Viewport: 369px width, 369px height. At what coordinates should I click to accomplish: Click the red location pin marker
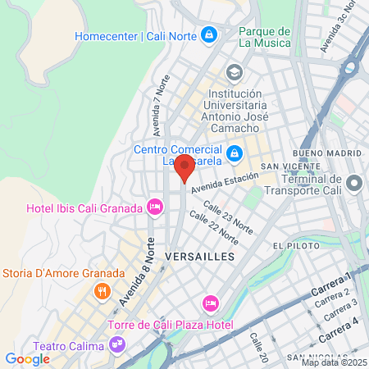coord(185,166)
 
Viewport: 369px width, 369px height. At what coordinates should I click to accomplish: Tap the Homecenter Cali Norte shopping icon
coord(211,35)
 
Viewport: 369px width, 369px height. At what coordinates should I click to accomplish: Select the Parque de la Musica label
coord(264,37)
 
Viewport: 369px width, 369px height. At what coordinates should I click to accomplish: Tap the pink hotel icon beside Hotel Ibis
coord(153,207)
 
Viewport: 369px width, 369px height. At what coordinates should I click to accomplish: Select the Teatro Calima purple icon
coord(119,344)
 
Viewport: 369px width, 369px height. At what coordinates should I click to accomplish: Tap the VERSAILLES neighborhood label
coord(199,257)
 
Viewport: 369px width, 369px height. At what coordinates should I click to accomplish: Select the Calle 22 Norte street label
coord(213,227)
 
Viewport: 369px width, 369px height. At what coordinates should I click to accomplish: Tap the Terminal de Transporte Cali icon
coord(355,181)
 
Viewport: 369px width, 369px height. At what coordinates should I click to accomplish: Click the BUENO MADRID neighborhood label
coord(326,153)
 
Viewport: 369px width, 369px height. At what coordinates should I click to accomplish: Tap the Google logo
coord(27,358)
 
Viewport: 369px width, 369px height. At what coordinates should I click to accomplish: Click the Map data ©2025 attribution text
coord(334,362)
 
